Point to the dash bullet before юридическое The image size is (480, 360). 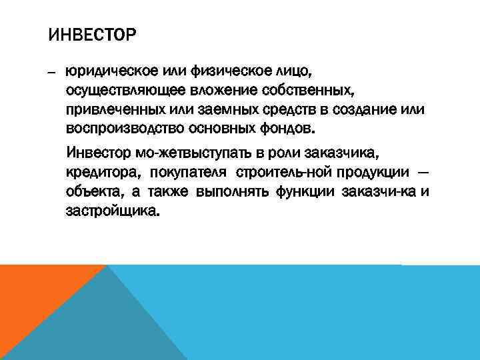pyautogui.click(x=53, y=71)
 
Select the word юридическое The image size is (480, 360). pyautogui.click(x=107, y=70)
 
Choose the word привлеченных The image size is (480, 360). pyautogui.click(x=113, y=108)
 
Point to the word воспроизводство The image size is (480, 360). pyautogui.click(x=124, y=127)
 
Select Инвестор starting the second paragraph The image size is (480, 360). pyautogui.click(x=97, y=155)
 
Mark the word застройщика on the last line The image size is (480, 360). pyautogui.click(x=113, y=211)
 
